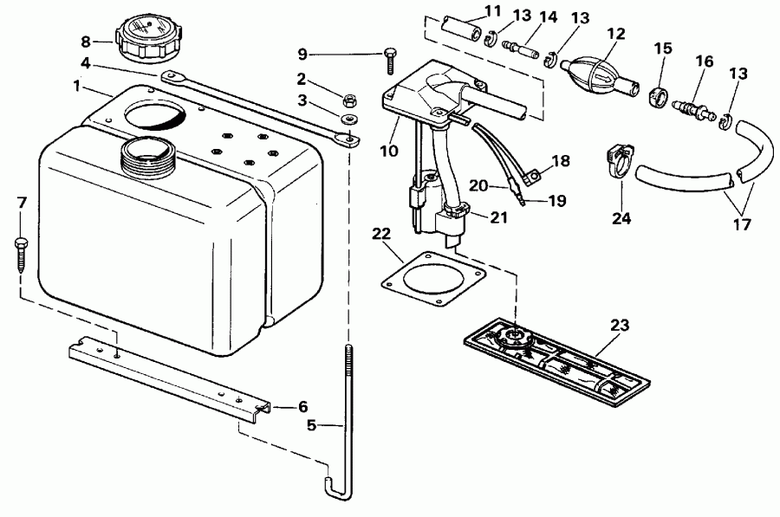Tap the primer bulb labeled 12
pyautogui.click(x=592, y=68)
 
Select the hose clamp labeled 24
pyautogui.click(x=617, y=162)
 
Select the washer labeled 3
pyautogui.click(x=351, y=117)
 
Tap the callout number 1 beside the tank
pyautogui.click(x=78, y=87)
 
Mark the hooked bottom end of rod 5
pyautogui.click(x=334, y=490)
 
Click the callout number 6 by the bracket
pyautogui.click(x=302, y=405)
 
